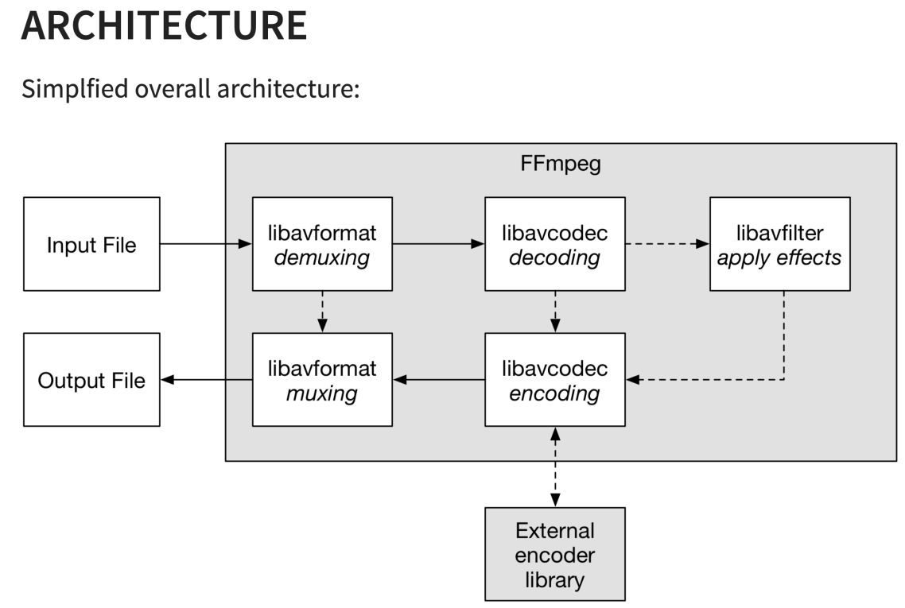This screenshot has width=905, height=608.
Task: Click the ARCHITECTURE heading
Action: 164,25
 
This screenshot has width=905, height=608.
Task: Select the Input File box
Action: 91,244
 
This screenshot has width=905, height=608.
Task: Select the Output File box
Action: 91,380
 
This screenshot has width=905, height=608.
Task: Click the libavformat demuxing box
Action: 322,244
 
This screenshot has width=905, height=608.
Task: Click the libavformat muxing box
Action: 322,380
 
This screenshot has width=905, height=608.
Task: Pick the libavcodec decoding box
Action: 554,244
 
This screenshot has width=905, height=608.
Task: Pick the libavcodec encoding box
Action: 554,380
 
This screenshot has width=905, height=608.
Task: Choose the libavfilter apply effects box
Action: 779,244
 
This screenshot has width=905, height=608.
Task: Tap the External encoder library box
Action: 554,554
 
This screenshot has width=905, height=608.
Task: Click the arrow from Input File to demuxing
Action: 205,244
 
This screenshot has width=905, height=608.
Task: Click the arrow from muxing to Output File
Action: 205,380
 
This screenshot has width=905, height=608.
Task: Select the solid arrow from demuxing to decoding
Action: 438,244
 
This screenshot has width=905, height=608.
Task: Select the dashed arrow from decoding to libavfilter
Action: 666,244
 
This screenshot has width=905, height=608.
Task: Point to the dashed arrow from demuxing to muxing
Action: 322,312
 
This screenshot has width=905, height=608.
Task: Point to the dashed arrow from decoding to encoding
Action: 554,312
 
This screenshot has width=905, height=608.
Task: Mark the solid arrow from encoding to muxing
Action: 438,380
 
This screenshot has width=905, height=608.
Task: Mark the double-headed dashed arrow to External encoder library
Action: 554,467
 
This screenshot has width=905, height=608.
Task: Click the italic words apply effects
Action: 779,258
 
